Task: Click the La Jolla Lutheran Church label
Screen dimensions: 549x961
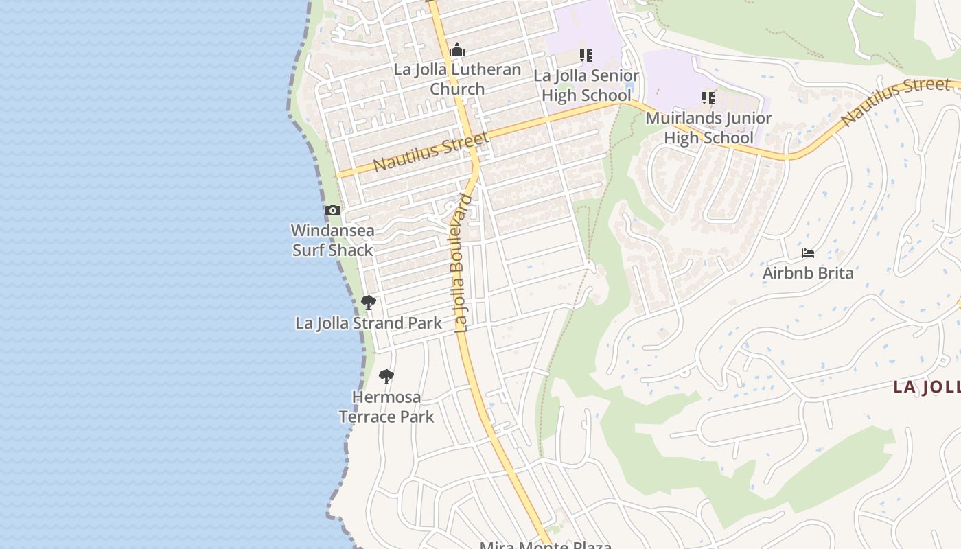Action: pos(457,79)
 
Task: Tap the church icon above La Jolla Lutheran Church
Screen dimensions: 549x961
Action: pos(457,50)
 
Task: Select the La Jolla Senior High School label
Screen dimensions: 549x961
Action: pos(586,85)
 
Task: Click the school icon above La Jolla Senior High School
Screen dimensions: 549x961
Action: pos(586,55)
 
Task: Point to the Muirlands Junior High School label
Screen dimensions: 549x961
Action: pos(708,128)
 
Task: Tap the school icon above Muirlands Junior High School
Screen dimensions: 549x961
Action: pos(708,98)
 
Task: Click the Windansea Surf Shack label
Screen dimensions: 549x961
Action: pos(333,240)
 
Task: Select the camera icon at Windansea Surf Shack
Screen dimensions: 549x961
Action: pos(333,211)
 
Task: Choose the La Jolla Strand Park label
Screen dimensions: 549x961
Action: pos(369,323)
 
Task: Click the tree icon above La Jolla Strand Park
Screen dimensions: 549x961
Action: pos(369,302)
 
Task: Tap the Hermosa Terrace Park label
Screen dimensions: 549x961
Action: pos(386,406)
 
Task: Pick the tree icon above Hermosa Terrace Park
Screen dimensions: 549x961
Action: pos(386,376)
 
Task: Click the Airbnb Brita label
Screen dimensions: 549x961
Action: pos(808,273)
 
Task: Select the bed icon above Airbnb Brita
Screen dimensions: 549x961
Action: pos(808,253)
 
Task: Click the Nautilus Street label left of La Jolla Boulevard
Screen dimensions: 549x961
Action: pos(431,152)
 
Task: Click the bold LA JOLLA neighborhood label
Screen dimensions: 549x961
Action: pos(927,387)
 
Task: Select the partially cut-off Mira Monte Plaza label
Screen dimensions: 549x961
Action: pos(546,545)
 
